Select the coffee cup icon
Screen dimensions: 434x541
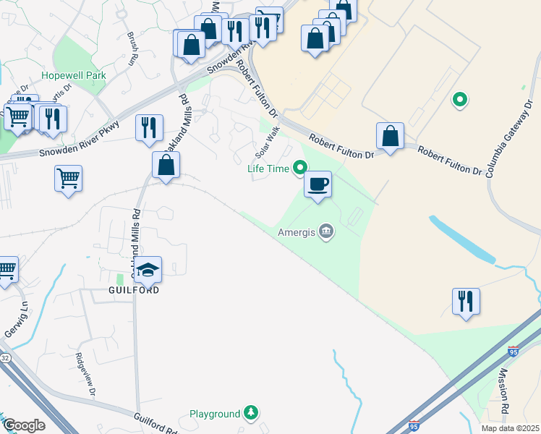(x=318, y=184)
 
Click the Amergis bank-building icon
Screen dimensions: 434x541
(x=326, y=231)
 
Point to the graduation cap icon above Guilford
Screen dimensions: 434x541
(x=148, y=270)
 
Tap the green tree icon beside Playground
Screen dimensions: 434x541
(x=250, y=413)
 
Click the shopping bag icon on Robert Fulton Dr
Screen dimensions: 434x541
(x=390, y=136)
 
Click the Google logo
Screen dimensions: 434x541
(x=24, y=425)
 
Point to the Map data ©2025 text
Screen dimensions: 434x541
(x=509, y=428)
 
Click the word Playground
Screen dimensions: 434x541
(x=215, y=414)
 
